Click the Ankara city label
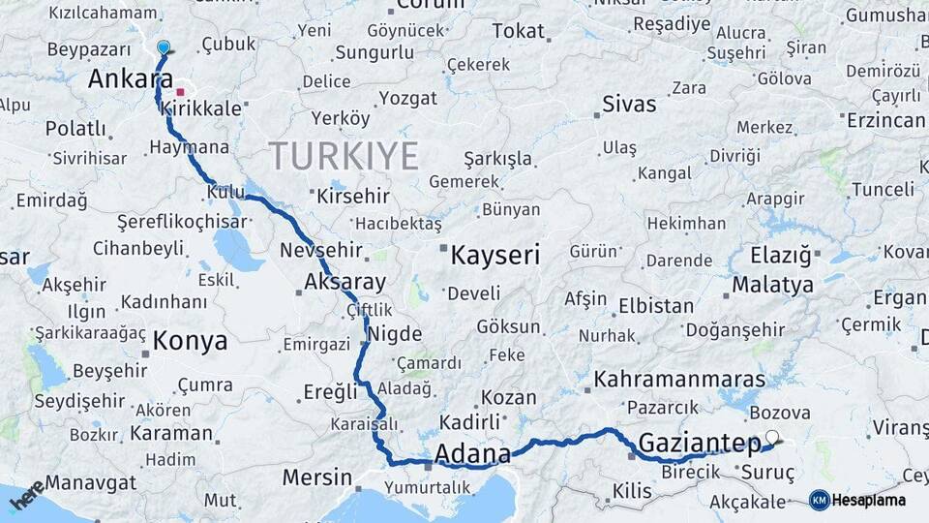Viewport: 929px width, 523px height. pyautogui.click(x=123, y=79)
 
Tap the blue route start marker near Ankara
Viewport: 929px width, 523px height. pyautogui.click(x=164, y=47)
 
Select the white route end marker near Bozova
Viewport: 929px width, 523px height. pyautogui.click(x=771, y=437)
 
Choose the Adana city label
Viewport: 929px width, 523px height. pyautogui.click(x=472, y=453)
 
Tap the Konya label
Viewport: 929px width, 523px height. pyautogui.click(x=191, y=341)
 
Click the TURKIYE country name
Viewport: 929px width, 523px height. pyautogui.click(x=344, y=156)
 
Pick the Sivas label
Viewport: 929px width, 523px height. pyautogui.click(x=629, y=104)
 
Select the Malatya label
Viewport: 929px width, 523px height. pyautogui.click(x=772, y=285)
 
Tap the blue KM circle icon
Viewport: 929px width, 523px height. pyautogui.click(x=820, y=501)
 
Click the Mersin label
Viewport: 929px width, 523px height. pyautogui.click(x=316, y=477)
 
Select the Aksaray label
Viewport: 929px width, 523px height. pyautogui.click(x=345, y=283)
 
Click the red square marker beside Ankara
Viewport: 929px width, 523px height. pyautogui.click(x=180, y=92)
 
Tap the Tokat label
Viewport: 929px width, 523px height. pyautogui.click(x=518, y=31)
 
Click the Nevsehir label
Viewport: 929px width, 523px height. pyautogui.click(x=320, y=251)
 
